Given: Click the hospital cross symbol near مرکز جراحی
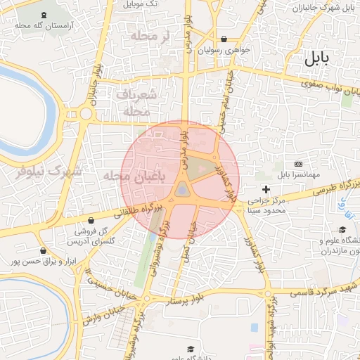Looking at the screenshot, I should click(x=266, y=189).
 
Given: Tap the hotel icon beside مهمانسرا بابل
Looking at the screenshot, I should click(x=298, y=163).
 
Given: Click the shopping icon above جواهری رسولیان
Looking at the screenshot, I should click(x=224, y=39).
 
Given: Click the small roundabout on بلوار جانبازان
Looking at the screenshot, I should click(x=86, y=113).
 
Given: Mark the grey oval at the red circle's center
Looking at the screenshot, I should click(x=181, y=188).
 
